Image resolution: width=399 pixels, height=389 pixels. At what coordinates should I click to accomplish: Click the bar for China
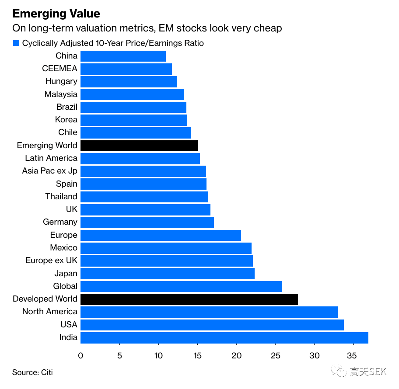pos(123,56)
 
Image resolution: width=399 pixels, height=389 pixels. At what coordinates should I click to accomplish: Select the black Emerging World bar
pos(139,146)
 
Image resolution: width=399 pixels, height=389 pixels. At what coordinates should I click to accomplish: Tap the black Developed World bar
pos(189,299)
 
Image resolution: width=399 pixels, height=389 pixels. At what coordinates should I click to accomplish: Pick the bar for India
pos(224,338)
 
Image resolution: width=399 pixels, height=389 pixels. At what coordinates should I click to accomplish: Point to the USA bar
pos(212,325)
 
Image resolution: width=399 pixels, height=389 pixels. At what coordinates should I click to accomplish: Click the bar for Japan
pos(167,274)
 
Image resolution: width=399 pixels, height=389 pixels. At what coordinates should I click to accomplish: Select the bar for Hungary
pos(129,82)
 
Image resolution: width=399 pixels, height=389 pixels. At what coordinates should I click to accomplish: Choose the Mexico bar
pos(166,248)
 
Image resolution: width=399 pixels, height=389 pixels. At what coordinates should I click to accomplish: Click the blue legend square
pos(16,43)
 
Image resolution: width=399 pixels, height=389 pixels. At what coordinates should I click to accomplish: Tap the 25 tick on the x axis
pos(276,356)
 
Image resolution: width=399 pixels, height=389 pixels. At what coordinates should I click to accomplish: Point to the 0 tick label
pos(80,356)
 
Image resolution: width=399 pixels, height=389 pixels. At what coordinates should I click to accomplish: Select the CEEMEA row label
pos(59,69)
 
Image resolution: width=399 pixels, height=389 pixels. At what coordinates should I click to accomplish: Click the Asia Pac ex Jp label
pos(49,171)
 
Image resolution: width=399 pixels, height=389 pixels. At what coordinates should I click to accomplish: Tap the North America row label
pos(49,312)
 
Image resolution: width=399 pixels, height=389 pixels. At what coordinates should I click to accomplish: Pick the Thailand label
pos(61,197)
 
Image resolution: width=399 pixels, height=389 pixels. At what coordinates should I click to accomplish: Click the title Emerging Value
pos(56,14)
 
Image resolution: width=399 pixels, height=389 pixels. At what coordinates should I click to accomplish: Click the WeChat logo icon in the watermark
pos(339,372)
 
